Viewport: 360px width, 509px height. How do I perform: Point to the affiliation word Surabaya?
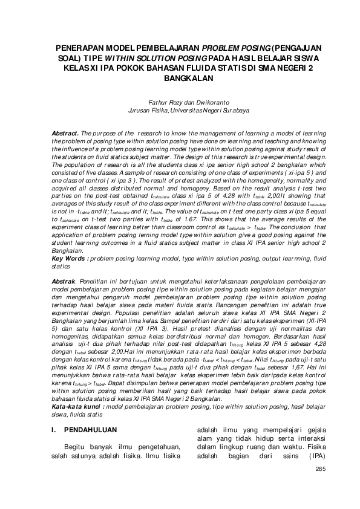215,111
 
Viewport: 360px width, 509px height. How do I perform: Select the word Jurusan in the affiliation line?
140,111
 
